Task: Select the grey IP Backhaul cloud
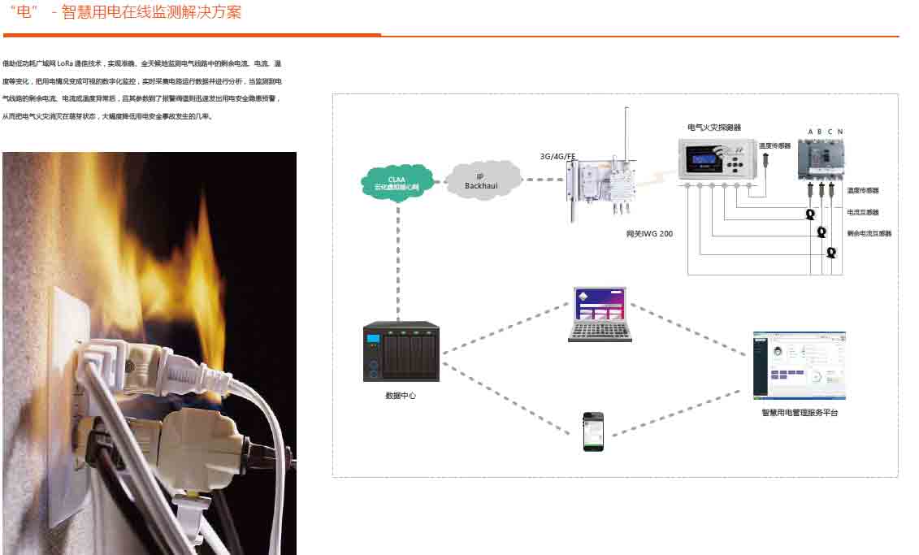click(x=484, y=180)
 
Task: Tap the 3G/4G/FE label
click(x=558, y=155)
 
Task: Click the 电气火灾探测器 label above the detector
click(x=714, y=128)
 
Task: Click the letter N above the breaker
click(x=840, y=132)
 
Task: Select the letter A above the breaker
click(x=810, y=132)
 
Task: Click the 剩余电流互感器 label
click(x=869, y=233)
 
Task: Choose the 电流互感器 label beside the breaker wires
click(x=862, y=212)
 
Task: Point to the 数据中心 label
click(x=401, y=395)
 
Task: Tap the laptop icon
click(x=600, y=313)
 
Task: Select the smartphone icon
click(x=593, y=431)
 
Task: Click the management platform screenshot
click(x=799, y=365)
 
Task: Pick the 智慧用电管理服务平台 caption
click(x=799, y=413)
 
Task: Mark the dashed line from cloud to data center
click(x=398, y=260)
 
